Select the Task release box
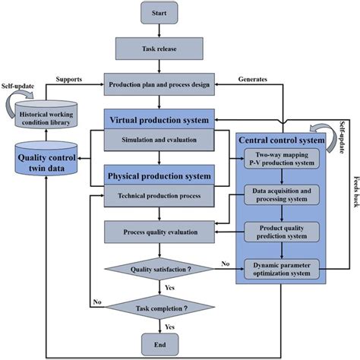(x=159, y=50)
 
